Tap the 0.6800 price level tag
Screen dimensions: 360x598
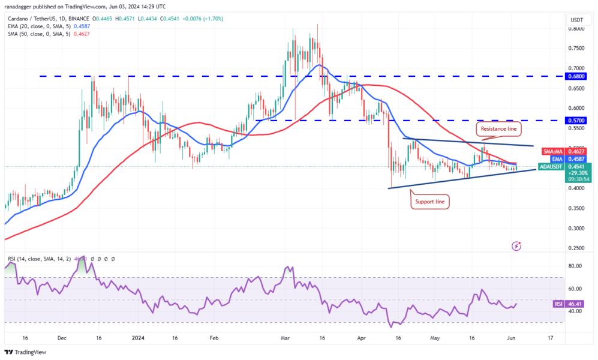578,77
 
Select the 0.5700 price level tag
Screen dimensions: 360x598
578,120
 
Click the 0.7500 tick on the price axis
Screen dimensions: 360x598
576,48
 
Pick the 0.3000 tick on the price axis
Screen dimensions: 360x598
576,228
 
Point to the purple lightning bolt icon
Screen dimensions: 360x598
516,246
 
